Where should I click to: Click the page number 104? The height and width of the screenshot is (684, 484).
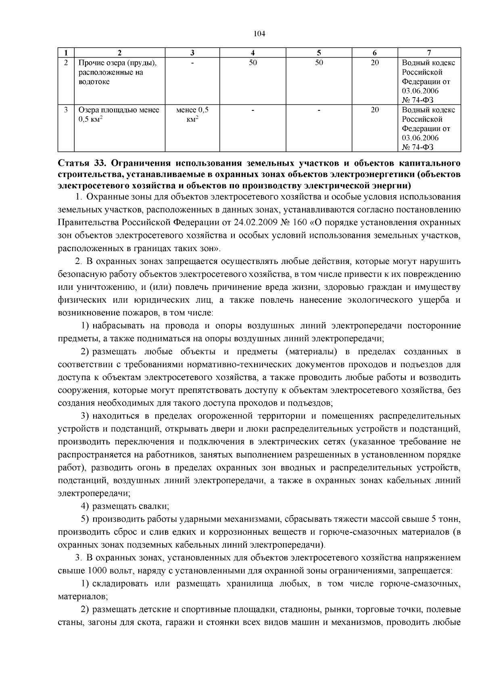click(259, 34)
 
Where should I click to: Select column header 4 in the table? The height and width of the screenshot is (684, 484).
click(253, 52)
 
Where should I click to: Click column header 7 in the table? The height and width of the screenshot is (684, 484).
click(429, 52)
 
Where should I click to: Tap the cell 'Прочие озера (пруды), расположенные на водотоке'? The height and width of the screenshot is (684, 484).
click(117, 73)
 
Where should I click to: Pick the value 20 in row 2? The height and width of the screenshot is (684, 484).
click(375, 63)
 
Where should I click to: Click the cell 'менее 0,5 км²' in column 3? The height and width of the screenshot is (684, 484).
click(192, 114)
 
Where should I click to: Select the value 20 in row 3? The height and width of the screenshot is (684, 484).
click(375, 110)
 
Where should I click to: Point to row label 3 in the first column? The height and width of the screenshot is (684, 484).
click(66, 110)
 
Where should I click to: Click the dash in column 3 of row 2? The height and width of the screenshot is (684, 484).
click(192, 63)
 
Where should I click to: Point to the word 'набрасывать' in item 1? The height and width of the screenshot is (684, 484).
click(117, 326)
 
